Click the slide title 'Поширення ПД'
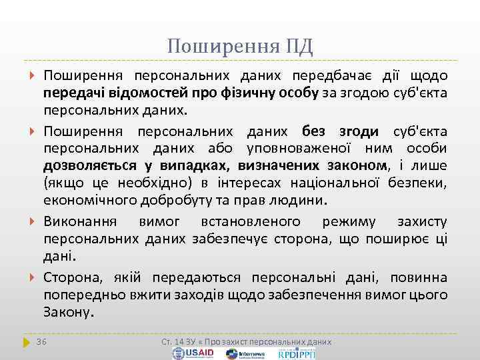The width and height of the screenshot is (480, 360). coord(240,46)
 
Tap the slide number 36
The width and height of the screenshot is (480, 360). coord(41,341)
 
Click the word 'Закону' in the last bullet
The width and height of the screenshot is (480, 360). coord(69,312)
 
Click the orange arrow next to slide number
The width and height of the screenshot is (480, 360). coord(26,341)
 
